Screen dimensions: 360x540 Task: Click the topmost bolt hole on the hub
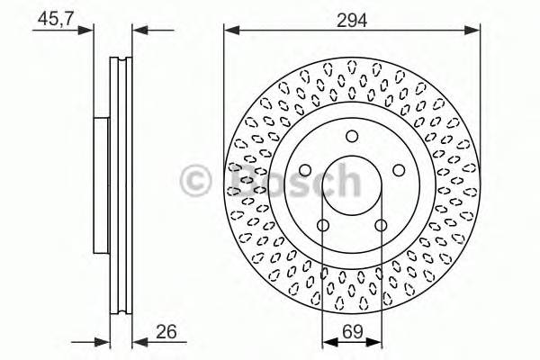[352, 137]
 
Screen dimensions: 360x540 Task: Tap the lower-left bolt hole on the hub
[323, 225]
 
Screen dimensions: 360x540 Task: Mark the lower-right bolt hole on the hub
[381, 225]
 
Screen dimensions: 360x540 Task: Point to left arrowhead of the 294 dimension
[230, 31]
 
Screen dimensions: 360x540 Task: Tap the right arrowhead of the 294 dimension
[473, 31]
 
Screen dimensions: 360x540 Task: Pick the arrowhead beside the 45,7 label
[88, 31]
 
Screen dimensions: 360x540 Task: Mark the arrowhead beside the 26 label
[137, 341]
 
